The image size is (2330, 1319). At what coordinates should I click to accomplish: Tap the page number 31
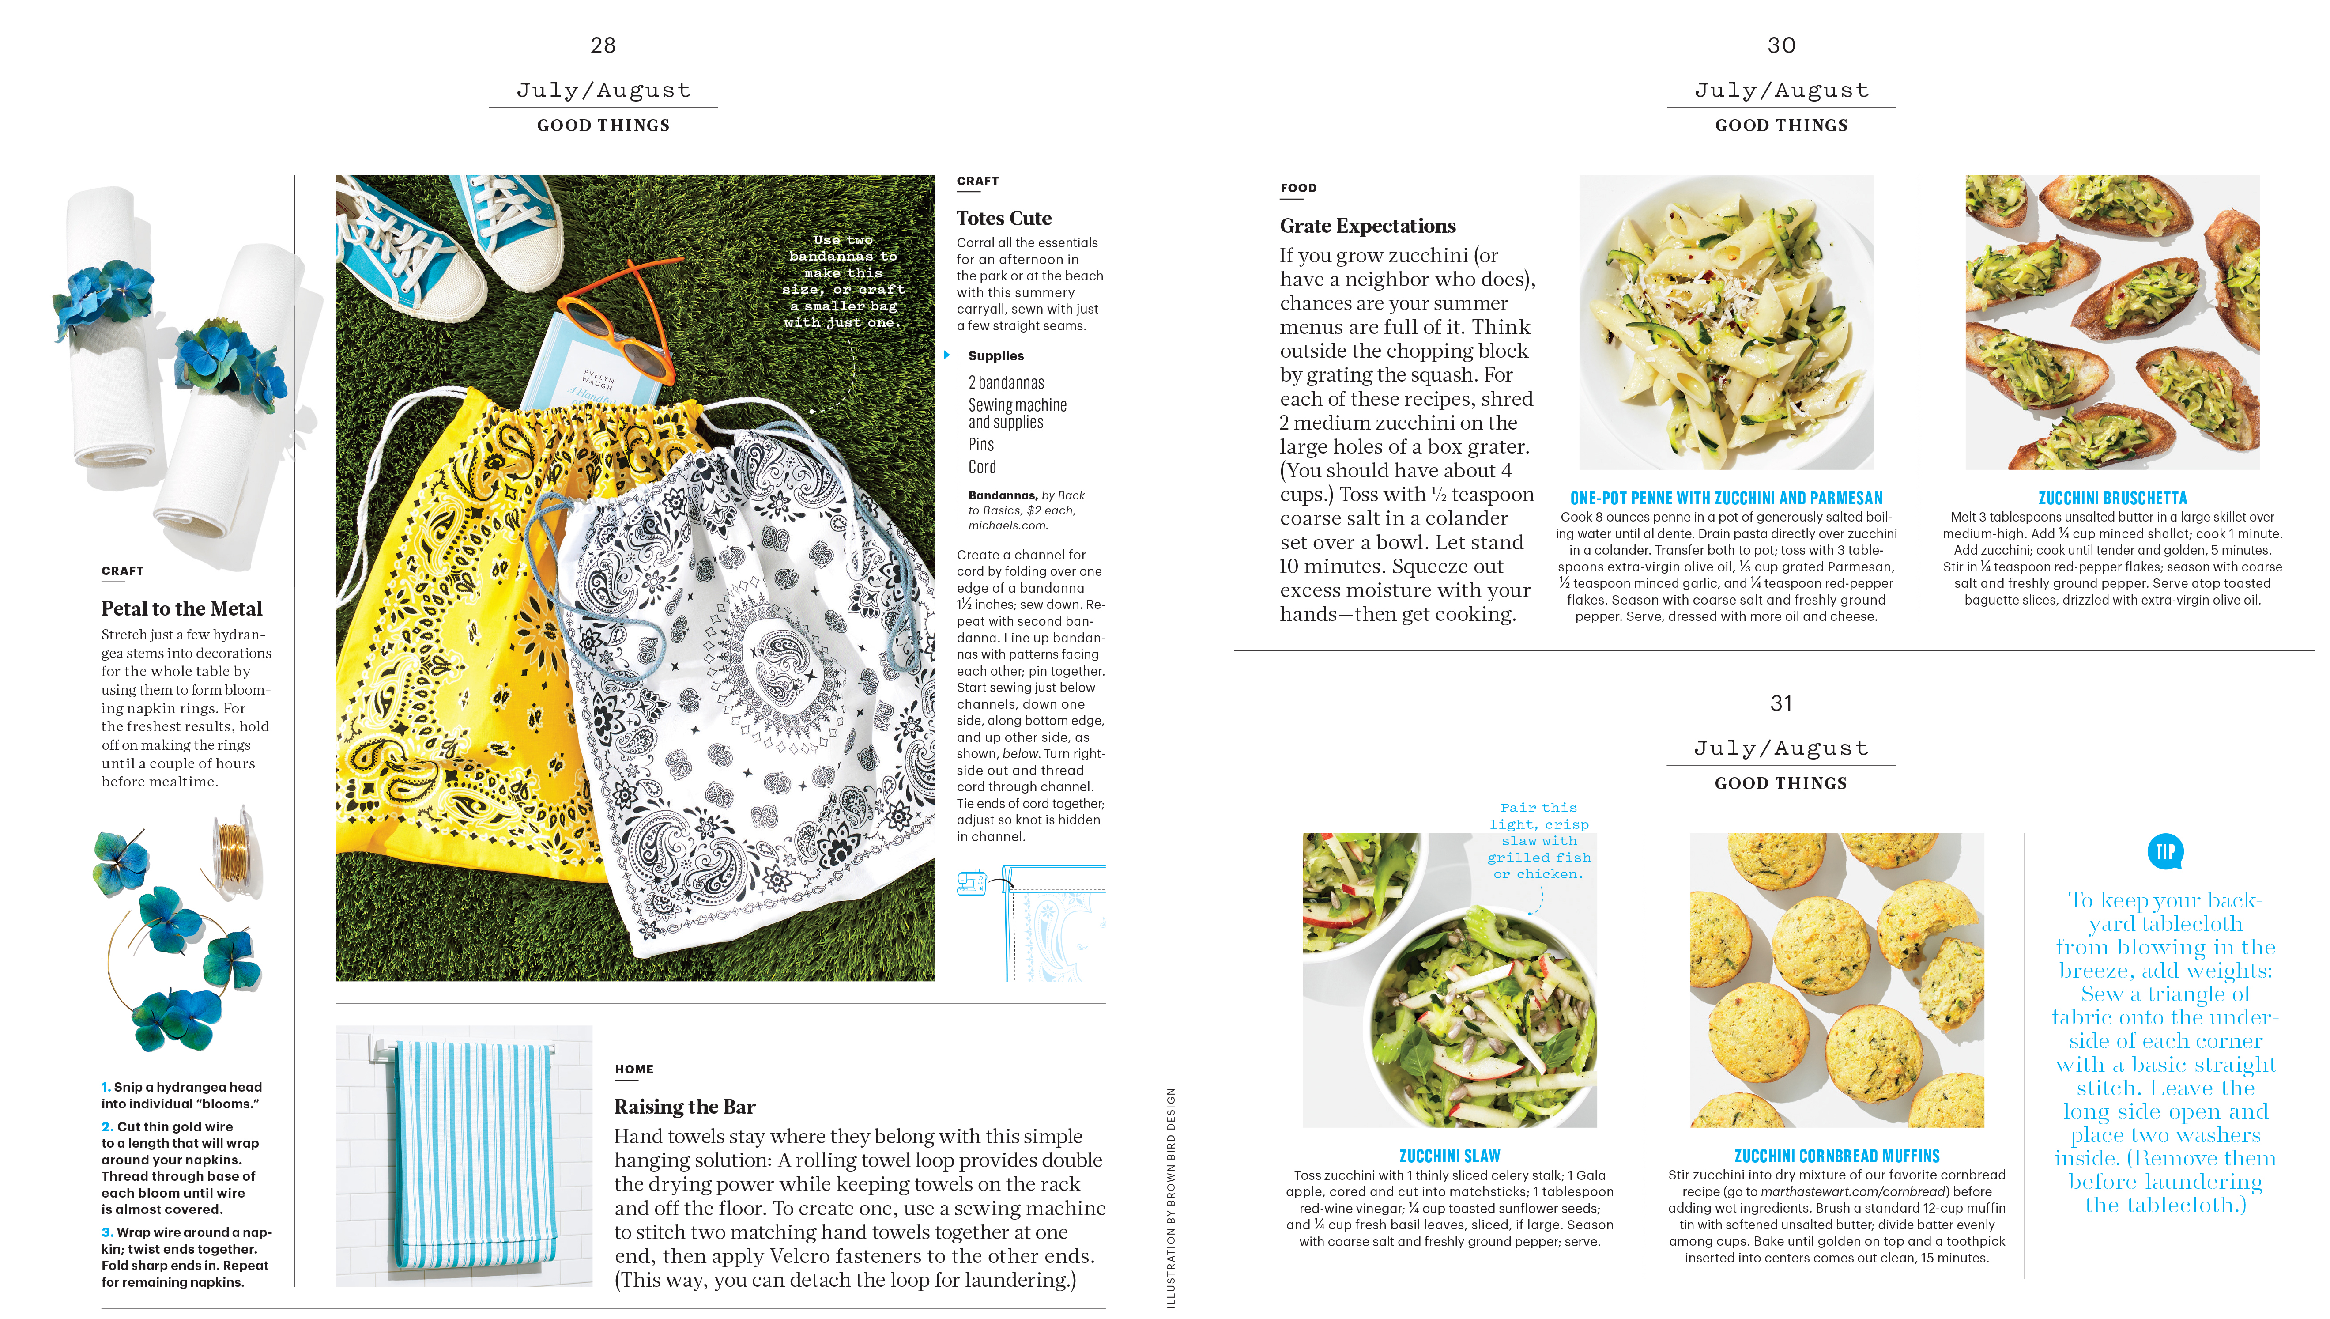pyautogui.click(x=1780, y=703)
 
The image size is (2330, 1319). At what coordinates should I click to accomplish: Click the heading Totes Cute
pyautogui.click(x=1003, y=218)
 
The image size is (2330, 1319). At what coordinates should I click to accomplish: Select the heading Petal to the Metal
pyautogui.click(x=181, y=609)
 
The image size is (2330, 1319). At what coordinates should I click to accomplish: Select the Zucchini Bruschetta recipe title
pyautogui.click(x=2112, y=498)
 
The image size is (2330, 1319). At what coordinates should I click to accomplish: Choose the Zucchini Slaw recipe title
pyautogui.click(x=1449, y=1156)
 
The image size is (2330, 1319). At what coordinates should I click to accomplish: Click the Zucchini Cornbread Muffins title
pyautogui.click(x=1836, y=1156)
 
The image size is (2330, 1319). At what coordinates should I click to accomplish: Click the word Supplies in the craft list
pyautogui.click(x=995, y=356)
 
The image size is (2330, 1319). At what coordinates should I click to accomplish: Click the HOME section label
pyautogui.click(x=634, y=1069)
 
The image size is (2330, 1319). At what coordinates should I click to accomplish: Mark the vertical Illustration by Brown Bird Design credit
pyautogui.click(x=1170, y=1196)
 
